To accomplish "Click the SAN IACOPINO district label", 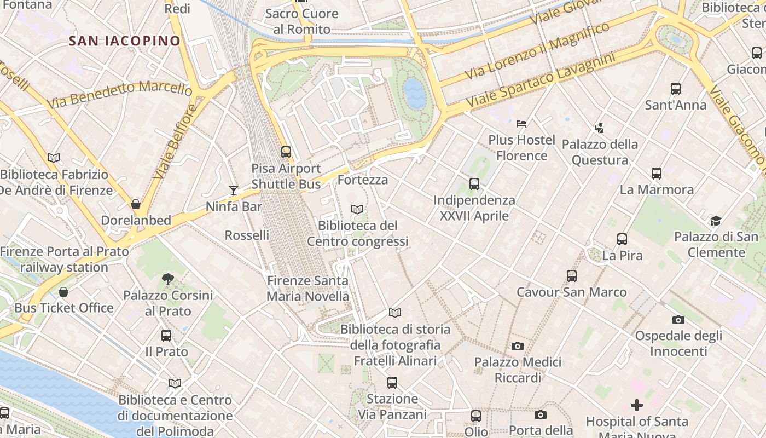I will coord(125,41).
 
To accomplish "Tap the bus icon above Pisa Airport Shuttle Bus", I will coord(286,152).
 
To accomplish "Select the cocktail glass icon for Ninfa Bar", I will coord(234,191).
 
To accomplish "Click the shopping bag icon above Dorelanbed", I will coord(136,204).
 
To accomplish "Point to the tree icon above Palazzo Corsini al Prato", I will coord(168,279).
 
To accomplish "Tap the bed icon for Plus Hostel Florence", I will coord(521,124).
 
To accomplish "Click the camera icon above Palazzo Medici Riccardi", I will coord(517,346).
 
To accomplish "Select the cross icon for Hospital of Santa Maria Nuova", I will coord(637,405).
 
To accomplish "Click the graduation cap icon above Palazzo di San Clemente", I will coord(716,221).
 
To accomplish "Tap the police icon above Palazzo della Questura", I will coord(600,128).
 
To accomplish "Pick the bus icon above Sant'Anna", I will coord(676,88).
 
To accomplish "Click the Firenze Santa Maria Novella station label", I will coord(307,289).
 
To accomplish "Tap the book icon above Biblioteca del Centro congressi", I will coord(357,209).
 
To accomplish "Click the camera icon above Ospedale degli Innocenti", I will coord(678,320).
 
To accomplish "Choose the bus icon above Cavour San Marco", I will coord(572,276).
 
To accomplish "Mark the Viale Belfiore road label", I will coord(175,142).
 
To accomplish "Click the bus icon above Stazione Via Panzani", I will coord(392,383).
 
